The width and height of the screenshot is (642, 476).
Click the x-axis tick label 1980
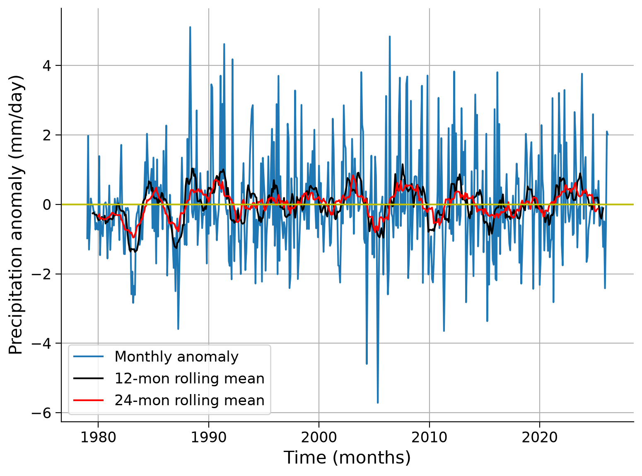pyautogui.click(x=98, y=437)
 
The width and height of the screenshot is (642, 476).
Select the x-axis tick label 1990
pyautogui.click(x=208, y=437)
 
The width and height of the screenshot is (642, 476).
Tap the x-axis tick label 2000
pyautogui.click(x=319, y=437)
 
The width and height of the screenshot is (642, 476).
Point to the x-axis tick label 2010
pyautogui.click(x=429, y=437)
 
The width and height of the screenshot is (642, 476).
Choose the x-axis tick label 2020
pyautogui.click(x=540, y=437)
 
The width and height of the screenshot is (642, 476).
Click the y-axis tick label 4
pyautogui.click(x=47, y=66)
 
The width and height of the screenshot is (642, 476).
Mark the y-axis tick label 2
pyautogui.click(x=47, y=135)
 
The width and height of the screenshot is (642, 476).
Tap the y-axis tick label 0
pyautogui.click(x=47, y=204)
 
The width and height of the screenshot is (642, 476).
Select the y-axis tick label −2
pyautogui.click(x=41, y=274)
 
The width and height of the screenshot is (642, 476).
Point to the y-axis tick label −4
pyautogui.click(x=41, y=344)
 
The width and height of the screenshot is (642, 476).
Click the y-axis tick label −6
pyautogui.click(x=41, y=413)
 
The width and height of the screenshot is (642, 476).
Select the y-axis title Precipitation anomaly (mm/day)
pyautogui.click(x=16, y=215)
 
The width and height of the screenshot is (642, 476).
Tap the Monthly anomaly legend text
pyautogui.click(x=176, y=356)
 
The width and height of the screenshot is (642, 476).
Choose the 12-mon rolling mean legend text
pyautogui.click(x=190, y=378)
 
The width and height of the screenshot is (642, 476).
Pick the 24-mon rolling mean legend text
pyautogui.click(x=190, y=401)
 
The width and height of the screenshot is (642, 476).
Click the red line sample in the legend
pyautogui.click(x=89, y=401)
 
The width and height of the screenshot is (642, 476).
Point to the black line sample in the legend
pyautogui.click(x=89, y=378)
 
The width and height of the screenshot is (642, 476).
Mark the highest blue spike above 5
pyautogui.click(x=190, y=27)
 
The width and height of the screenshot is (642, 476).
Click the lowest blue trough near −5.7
pyautogui.click(x=378, y=402)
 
